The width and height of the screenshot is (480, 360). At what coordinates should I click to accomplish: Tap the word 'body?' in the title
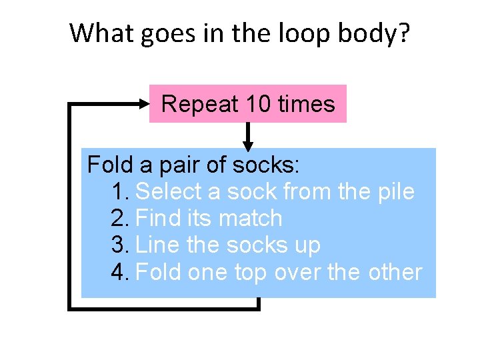[378, 33]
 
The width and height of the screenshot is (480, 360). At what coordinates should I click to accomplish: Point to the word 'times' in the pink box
[306, 104]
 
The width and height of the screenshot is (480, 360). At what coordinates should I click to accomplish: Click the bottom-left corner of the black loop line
[70, 308]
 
